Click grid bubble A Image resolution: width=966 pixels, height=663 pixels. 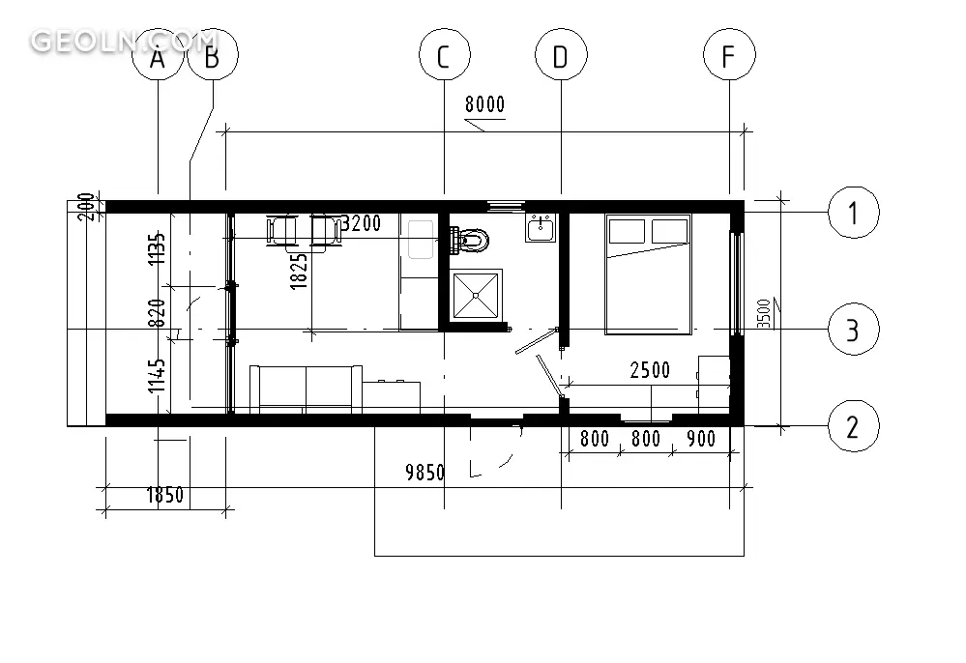pos(159,55)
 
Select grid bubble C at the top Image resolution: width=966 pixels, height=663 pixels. pos(444,55)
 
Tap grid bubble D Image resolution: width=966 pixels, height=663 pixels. pos(561,55)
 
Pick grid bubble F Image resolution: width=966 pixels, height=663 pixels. pos(729,55)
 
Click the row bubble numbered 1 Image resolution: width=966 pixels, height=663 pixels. pos(853,213)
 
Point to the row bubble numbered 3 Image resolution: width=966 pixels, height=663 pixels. pos(853,330)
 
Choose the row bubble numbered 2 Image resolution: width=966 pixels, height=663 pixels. pos(853,426)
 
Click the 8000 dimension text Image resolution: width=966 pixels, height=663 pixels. pos(484,104)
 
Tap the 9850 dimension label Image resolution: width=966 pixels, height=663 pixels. pos(425,473)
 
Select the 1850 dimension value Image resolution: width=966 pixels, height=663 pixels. pos(165,495)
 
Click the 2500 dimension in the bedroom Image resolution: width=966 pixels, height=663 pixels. pos(650,370)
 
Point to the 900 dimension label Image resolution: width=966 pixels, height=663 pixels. pos(701,439)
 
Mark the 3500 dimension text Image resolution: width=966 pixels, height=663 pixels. pos(763,313)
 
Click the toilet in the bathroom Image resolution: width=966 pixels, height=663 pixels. pos(469,239)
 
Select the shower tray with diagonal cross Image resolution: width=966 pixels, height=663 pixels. pos(476,295)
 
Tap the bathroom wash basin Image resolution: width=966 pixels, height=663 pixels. pos(541,227)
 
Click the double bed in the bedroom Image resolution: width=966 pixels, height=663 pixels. pos(648,274)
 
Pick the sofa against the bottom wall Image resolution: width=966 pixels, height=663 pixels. pos(306,389)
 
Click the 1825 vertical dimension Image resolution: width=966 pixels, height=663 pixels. pos(298,272)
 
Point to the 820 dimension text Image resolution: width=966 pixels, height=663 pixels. pos(158,313)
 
